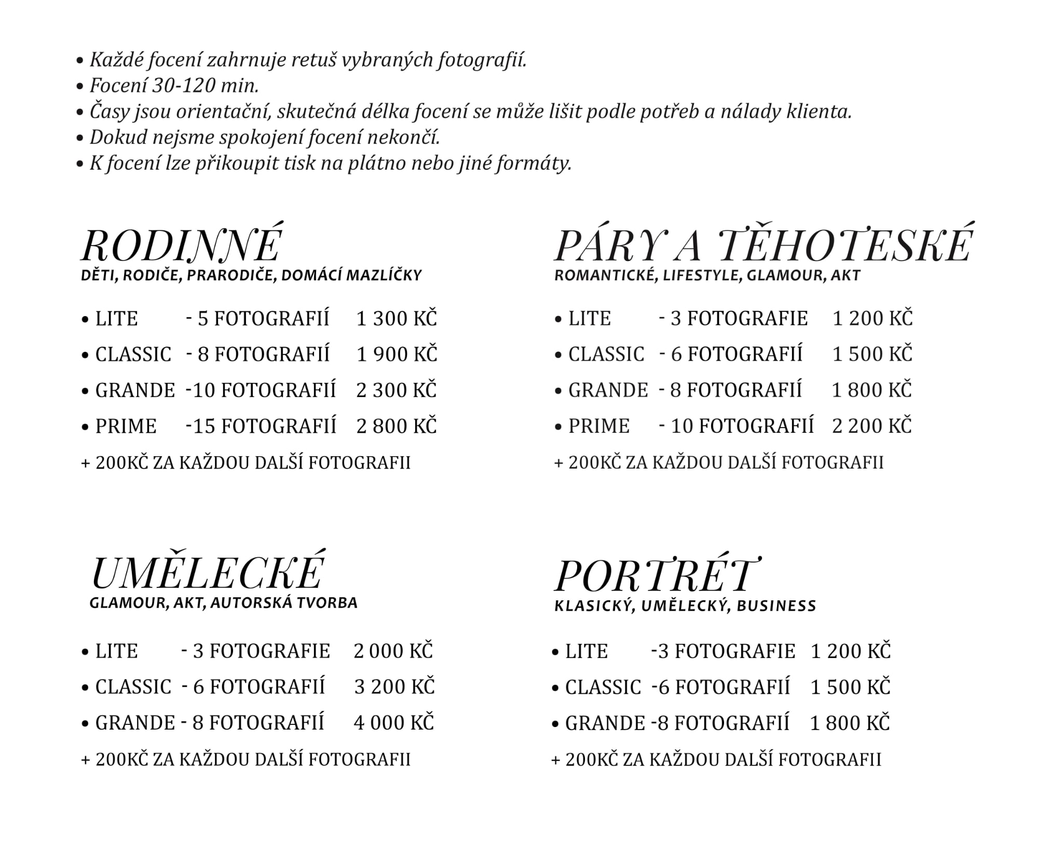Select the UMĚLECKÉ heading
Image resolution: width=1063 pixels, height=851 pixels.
tap(208, 572)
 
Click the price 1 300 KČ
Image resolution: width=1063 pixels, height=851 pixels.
tap(397, 318)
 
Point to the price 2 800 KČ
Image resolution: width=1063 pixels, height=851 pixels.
tap(397, 426)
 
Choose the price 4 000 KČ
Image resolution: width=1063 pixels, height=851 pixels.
tap(393, 722)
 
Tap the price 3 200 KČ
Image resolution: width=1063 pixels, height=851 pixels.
tap(394, 687)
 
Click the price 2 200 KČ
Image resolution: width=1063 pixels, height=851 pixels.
tap(872, 426)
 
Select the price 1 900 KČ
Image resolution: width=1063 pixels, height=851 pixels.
tap(397, 354)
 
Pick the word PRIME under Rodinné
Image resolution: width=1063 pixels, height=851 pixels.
tap(126, 426)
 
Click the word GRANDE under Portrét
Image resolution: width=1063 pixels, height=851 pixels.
tap(605, 723)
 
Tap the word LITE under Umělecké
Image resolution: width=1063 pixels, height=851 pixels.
tap(116, 651)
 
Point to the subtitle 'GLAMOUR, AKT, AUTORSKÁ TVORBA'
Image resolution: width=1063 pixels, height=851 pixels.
tap(223, 602)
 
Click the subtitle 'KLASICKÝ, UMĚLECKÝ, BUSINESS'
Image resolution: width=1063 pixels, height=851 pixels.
tap(685, 606)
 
